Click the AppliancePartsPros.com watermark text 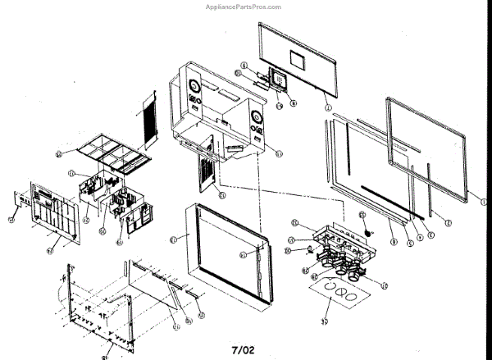click(245, 7)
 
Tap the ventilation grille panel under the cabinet click(205, 172)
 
